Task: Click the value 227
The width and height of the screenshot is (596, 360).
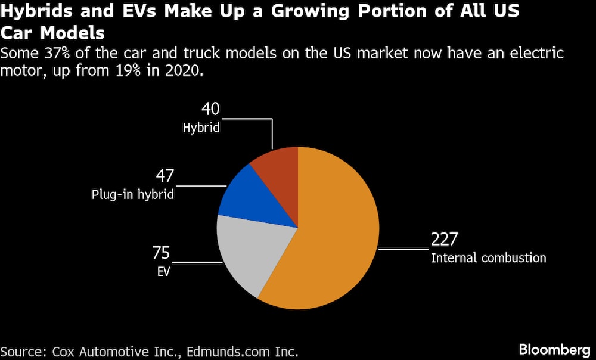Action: click(444, 240)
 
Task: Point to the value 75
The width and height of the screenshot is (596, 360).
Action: click(161, 253)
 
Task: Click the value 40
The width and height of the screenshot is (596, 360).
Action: click(211, 108)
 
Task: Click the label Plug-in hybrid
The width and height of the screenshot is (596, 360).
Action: click(133, 195)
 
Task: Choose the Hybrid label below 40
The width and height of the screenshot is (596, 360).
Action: click(201, 127)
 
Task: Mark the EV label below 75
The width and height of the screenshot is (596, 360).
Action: click(163, 272)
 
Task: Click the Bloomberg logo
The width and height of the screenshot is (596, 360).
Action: click(554, 349)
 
